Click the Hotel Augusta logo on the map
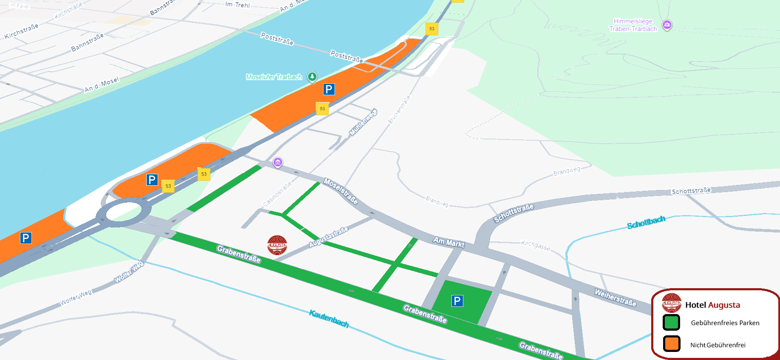point(277,245)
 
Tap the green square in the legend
point(671,323)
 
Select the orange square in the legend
point(672,343)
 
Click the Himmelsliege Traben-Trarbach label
point(633,25)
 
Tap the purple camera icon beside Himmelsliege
point(667,25)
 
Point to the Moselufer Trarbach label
point(274,77)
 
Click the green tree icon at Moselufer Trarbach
point(312,77)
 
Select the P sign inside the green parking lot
point(457,301)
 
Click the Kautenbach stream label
point(329,319)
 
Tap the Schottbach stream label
point(646,222)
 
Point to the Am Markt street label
point(448,242)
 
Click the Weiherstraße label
point(615,298)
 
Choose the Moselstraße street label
point(340,191)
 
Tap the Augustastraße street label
point(328,237)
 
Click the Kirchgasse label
point(536,245)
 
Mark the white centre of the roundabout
point(123,211)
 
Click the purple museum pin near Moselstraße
point(278,162)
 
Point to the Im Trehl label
point(237,5)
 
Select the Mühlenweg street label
point(363,123)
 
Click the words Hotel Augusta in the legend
point(712,305)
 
